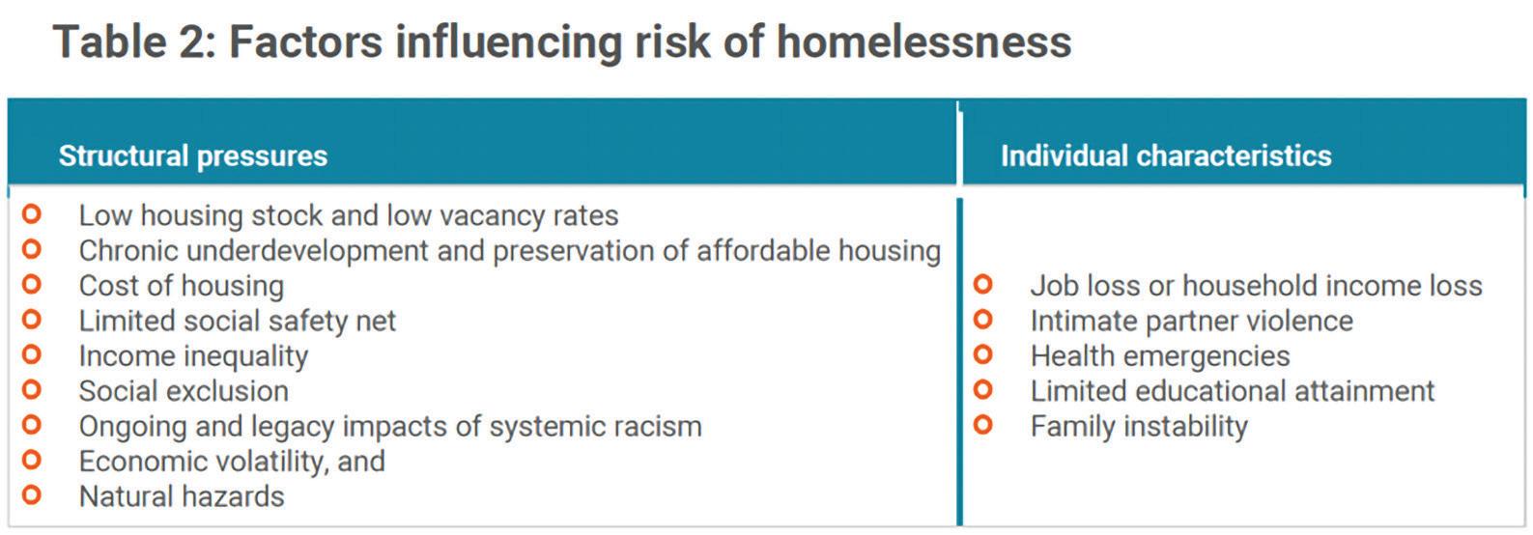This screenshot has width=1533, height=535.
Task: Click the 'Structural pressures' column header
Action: click(x=193, y=156)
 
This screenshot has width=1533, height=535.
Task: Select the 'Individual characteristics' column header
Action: click(x=1166, y=156)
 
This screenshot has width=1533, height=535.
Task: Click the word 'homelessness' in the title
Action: click(x=923, y=42)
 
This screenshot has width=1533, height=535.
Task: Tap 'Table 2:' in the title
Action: click(x=135, y=42)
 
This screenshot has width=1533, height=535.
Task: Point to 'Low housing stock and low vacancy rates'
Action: click(x=349, y=216)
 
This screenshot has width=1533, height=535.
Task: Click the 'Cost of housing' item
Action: click(x=182, y=286)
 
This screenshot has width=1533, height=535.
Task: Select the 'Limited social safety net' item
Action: click(x=238, y=321)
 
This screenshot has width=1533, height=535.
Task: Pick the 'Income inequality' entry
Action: click(x=194, y=356)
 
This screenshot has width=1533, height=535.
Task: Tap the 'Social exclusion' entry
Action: click(x=184, y=391)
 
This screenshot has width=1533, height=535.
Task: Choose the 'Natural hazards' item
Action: click(x=182, y=496)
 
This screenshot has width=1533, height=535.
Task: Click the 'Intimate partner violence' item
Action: click(x=1191, y=321)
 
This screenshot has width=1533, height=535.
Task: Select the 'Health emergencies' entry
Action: click(x=1160, y=356)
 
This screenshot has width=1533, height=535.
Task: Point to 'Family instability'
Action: click(x=1139, y=427)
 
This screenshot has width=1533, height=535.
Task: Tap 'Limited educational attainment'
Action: click(x=1233, y=391)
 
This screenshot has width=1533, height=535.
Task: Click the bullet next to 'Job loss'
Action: click(x=982, y=284)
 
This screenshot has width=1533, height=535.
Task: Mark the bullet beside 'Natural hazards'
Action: click(x=32, y=494)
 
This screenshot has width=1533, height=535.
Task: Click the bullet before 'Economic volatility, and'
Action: click(x=32, y=460)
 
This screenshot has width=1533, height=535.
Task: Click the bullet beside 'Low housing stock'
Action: click(x=32, y=214)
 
